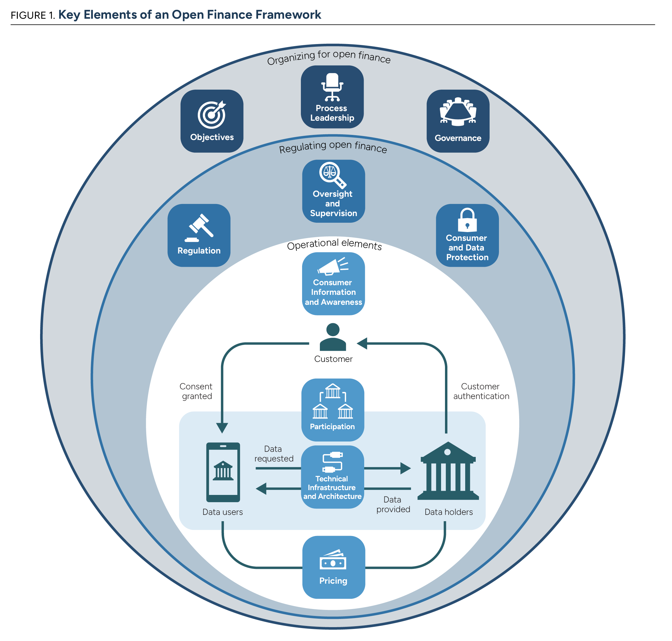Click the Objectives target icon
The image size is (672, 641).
click(x=212, y=114)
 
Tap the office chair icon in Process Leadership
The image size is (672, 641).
click(x=332, y=87)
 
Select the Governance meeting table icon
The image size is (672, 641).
click(x=458, y=111)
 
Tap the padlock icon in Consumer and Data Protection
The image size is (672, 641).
click(x=467, y=220)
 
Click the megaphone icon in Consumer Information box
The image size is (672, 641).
click(x=333, y=266)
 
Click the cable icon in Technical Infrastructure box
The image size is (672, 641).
click(x=332, y=462)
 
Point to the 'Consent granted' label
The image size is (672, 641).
click(x=196, y=391)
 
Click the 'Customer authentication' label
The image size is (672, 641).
click(x=481, y=391)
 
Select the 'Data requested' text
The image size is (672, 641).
click(x=274, y=454)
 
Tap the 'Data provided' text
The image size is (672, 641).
click(x=393, y=504)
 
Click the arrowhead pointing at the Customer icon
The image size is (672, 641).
click(x=362, y=343)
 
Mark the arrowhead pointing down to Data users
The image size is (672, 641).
click(x=222, y=427)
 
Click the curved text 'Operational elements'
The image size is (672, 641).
click(x=334, y=244)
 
